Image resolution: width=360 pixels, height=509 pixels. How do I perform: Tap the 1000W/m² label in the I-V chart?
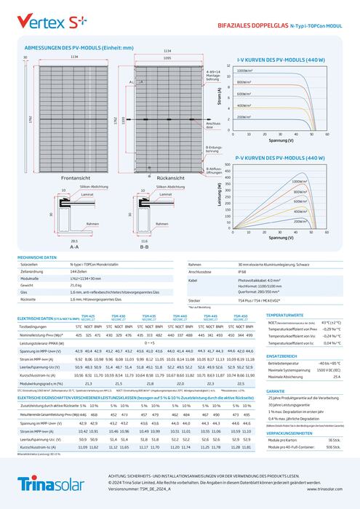245,71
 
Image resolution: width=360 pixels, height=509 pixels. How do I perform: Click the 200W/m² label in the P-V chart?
300,220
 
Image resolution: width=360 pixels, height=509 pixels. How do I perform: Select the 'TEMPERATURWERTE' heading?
286,314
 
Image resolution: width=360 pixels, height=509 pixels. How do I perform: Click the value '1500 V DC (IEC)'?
327,371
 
